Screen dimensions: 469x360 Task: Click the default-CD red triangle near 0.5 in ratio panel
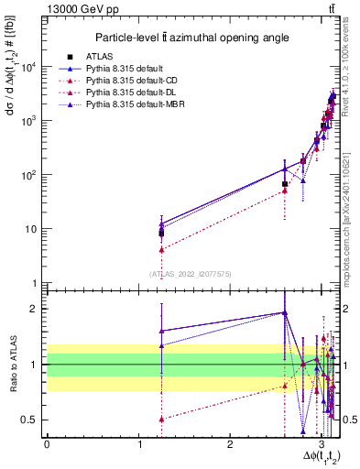[161, 419]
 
